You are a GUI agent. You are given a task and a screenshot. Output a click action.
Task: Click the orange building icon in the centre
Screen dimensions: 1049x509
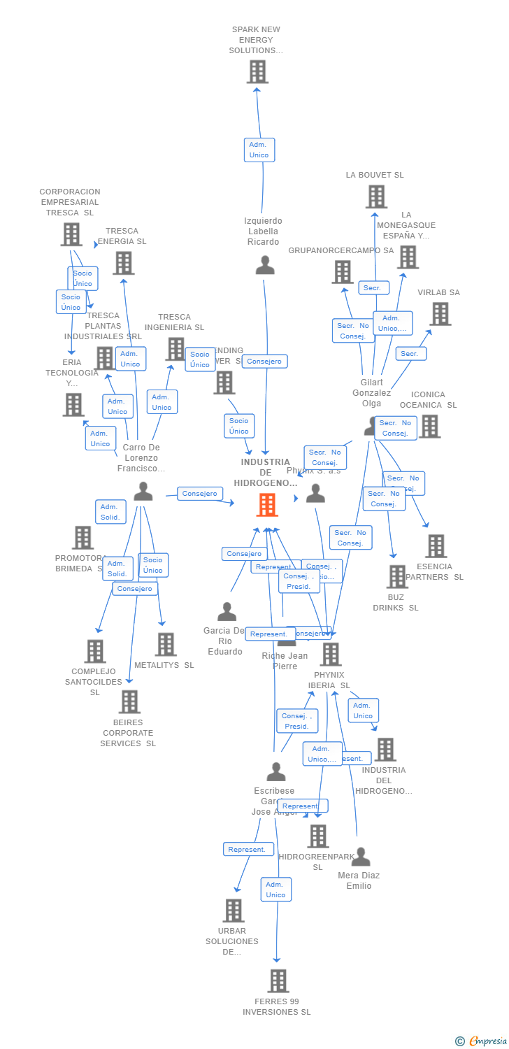[x=267, y=504]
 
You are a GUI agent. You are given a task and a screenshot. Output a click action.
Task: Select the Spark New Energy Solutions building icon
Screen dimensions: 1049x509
[x=257, y=71]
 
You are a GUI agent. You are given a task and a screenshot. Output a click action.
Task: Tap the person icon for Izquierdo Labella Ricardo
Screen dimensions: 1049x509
[x=265, y=266]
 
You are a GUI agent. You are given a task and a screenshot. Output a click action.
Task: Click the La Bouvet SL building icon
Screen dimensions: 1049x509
[x=376, y=197]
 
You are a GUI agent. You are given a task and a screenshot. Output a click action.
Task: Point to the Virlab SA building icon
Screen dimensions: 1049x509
[x=440, y=314]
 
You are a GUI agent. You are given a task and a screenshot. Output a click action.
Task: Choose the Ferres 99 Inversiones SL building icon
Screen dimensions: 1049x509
[x=278, y=980]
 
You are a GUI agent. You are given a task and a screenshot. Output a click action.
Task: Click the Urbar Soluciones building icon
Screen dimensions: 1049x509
[x=234, y=910]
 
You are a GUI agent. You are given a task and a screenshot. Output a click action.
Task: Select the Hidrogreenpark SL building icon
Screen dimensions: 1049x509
[x=318, y=836]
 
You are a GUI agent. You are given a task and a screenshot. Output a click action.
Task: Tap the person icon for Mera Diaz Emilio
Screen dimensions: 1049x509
[x=361, y=857]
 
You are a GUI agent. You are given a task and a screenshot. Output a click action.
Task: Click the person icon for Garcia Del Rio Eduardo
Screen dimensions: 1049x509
[x=227, y=612]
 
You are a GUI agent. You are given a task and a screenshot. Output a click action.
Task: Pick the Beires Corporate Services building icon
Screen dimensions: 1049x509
[x=129, y=701]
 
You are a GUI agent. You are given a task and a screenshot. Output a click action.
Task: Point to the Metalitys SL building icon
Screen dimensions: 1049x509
[x=166, y=644]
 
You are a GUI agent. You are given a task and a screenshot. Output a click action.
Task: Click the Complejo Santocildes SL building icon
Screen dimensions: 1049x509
[x=95, y=651]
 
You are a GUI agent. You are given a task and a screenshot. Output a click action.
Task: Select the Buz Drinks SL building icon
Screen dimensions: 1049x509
[x=397, y=576]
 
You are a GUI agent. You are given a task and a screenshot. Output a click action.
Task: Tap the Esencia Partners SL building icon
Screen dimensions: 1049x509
[x=436, y=545]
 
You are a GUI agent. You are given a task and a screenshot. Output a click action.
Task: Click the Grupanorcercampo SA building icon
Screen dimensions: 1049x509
[x=343, y=271]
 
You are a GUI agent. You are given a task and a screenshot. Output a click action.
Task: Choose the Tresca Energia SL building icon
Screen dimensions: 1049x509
[x=124, y=263]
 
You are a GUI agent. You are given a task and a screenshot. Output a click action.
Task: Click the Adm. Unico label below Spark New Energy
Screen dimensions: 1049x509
[x=259, y=150]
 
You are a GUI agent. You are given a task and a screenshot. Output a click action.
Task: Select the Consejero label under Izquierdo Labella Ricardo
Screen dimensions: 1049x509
[x=264, y=362]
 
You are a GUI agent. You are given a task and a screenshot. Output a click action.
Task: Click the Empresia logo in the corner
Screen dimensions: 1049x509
[x=482, y=1041]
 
